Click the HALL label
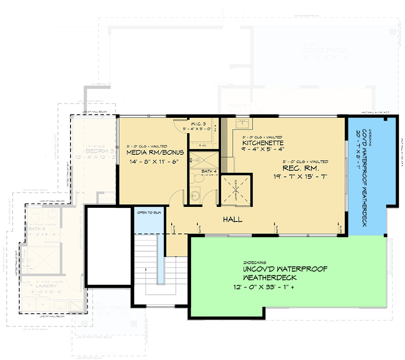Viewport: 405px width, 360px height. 233,220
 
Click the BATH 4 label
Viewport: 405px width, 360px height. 209,171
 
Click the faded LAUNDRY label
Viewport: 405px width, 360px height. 44,286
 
